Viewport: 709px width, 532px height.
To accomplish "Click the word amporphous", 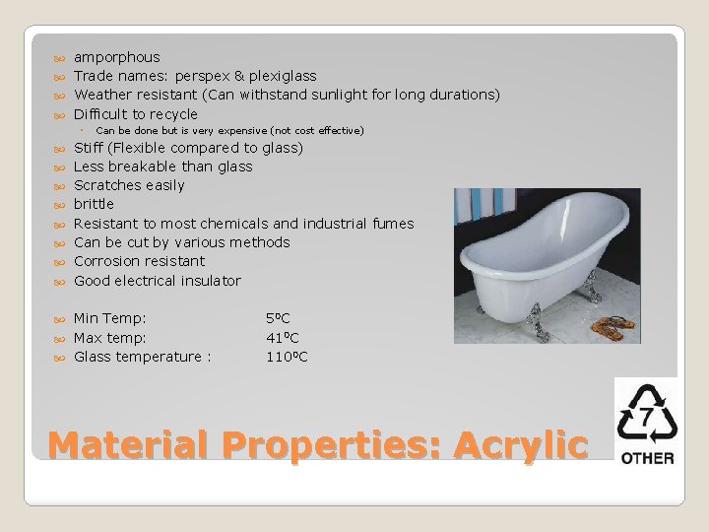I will coord(117,57).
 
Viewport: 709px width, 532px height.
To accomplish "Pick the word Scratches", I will coord(110,185).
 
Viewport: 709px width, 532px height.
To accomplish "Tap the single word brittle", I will coord(95,204).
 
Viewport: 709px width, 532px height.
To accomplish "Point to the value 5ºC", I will coord(279,318).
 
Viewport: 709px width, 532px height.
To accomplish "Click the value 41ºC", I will coord(284,337).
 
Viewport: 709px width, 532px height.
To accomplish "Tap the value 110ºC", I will coord(287,356).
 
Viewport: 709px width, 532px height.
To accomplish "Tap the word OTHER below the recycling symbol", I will coord(647,457).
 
